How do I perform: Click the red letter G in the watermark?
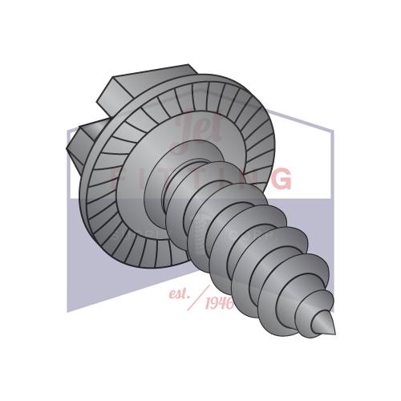(281, 178)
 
